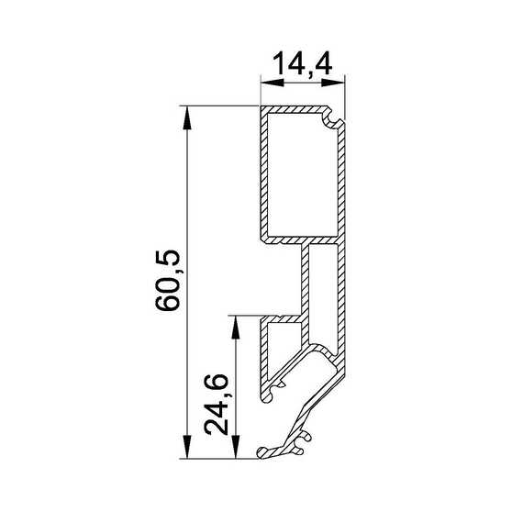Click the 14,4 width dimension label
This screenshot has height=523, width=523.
[x=302, y=63]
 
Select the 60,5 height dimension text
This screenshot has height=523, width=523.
[x=168, y=281]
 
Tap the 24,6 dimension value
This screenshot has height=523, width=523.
[x=217, y=405]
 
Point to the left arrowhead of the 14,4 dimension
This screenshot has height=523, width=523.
[x=273, y=83]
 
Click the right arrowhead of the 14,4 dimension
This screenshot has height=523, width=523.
[x=333, y=83]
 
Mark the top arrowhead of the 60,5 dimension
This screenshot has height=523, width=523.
[x=187, y=117]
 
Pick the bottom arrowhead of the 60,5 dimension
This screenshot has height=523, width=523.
[x=187, y=447]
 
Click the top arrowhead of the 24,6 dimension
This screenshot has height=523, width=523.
[x=236, y=328]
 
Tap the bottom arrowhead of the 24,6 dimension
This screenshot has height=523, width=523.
[x=236, y=447]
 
